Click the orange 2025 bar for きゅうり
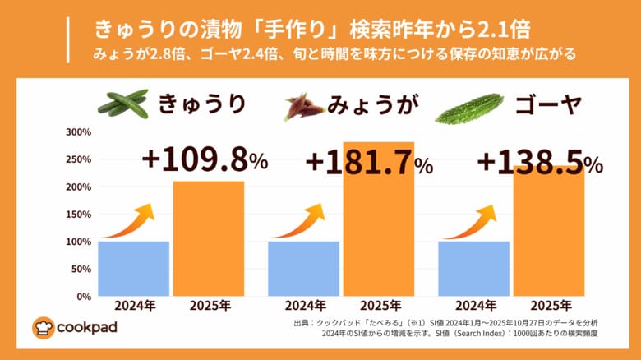coord(208,238)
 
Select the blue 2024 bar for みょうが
coord(304,269)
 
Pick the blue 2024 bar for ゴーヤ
coord(473,269)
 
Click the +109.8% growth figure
coord(205,159)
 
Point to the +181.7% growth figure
coord(369,162)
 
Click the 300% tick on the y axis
coord(78,132)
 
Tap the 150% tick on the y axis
coord(78,215)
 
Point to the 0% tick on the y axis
coord(83,297)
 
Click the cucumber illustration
coord(122,104)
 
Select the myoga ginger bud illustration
coord(302,107)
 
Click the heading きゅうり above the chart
coord(201,104)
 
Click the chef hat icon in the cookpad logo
coord(43,327)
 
